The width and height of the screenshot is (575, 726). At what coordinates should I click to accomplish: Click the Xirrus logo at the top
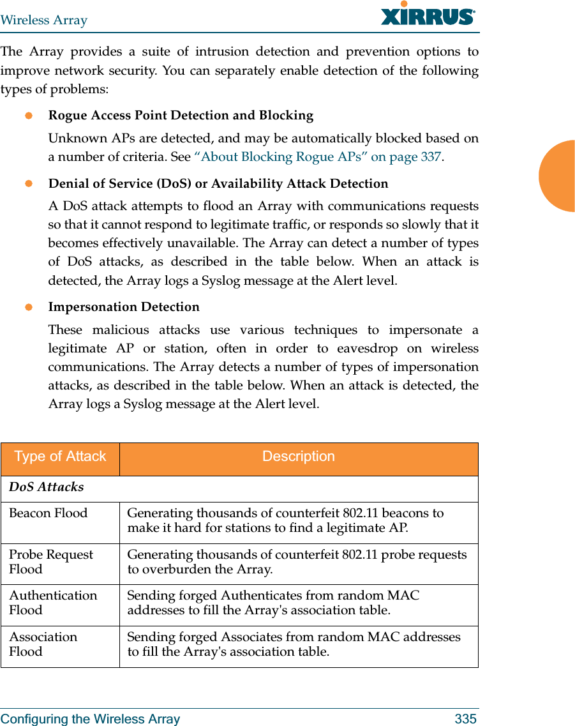(x=428, y=14)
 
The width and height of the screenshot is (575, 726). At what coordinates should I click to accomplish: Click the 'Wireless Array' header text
(x=44, y=20)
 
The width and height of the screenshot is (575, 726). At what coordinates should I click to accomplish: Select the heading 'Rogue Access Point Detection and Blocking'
(x=181, y=116)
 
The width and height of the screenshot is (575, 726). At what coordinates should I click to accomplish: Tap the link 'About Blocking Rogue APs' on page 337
(x=317, y=157)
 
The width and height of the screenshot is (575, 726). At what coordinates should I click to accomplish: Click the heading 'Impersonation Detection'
(x=124, y=307)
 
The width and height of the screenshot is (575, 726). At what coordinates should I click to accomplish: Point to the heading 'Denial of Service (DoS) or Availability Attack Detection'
(x=218, y=184)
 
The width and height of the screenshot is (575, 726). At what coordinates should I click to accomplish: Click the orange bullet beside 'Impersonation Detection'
(x=29, y=307)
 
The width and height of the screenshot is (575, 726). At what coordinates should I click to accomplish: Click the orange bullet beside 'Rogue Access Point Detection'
(x=29, y=116)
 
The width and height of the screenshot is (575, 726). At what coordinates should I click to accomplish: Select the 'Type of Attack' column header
(x=60, y=457)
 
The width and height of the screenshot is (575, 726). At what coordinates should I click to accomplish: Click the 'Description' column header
(x=298, y=457)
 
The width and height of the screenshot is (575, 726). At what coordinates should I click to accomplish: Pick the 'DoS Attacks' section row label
(x=47, y=487)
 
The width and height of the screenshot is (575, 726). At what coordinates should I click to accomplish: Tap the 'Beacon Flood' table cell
(x=49, y=513)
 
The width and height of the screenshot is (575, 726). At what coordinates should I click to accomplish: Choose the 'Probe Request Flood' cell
(x=51, y=562)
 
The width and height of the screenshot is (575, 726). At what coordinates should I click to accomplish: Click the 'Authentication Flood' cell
(x=53, y=603)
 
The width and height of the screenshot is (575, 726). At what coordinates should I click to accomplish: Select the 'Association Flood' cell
(x=43, y=644)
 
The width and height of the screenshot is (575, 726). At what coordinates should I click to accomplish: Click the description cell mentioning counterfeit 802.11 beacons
(x=285, y=520)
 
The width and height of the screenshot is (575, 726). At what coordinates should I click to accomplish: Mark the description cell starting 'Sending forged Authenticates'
(x=273, y=603)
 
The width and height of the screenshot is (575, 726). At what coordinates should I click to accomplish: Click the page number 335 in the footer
(x=465, y=719)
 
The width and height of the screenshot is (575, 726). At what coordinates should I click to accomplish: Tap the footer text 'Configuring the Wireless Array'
(x=91, y=719)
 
